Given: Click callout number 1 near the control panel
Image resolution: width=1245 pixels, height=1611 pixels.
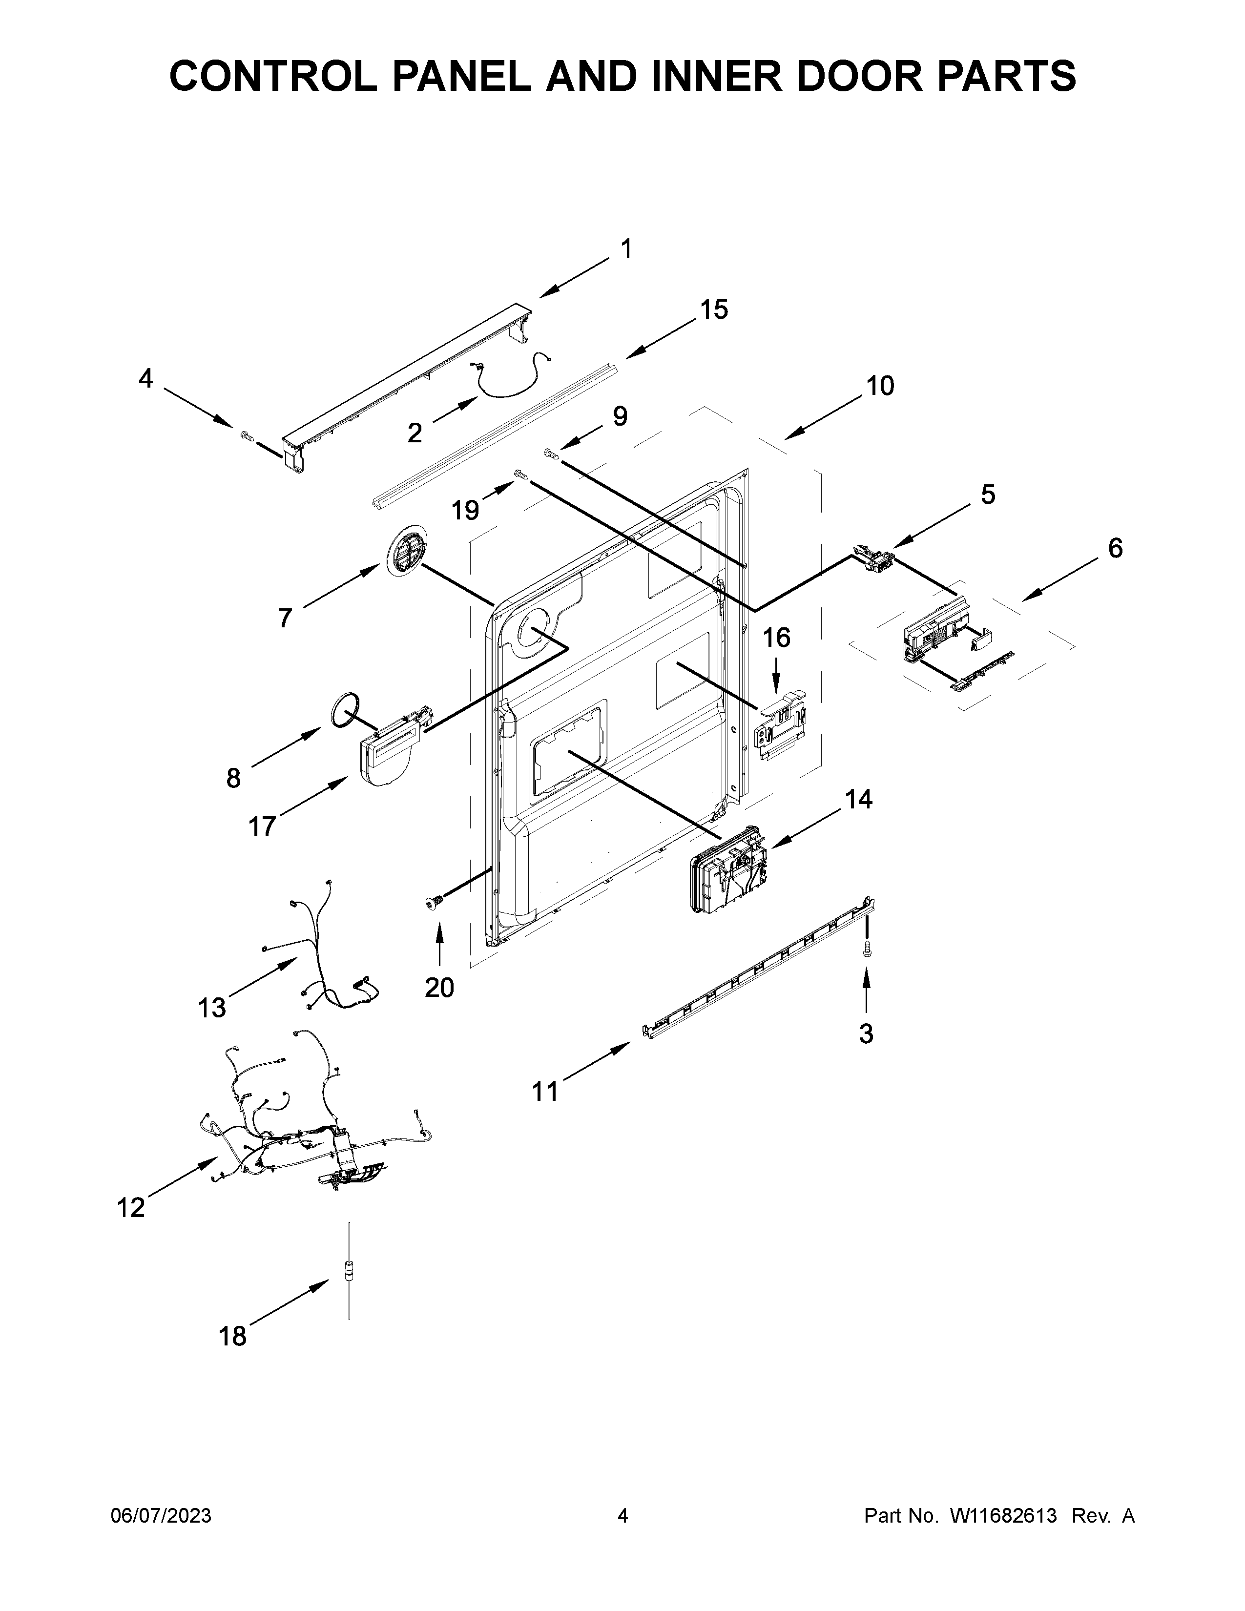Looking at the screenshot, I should pos(625,250).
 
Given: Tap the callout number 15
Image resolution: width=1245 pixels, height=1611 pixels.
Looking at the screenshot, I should pos(713,310).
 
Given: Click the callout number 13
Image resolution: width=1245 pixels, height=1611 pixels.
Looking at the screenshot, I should pos(212,1007).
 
